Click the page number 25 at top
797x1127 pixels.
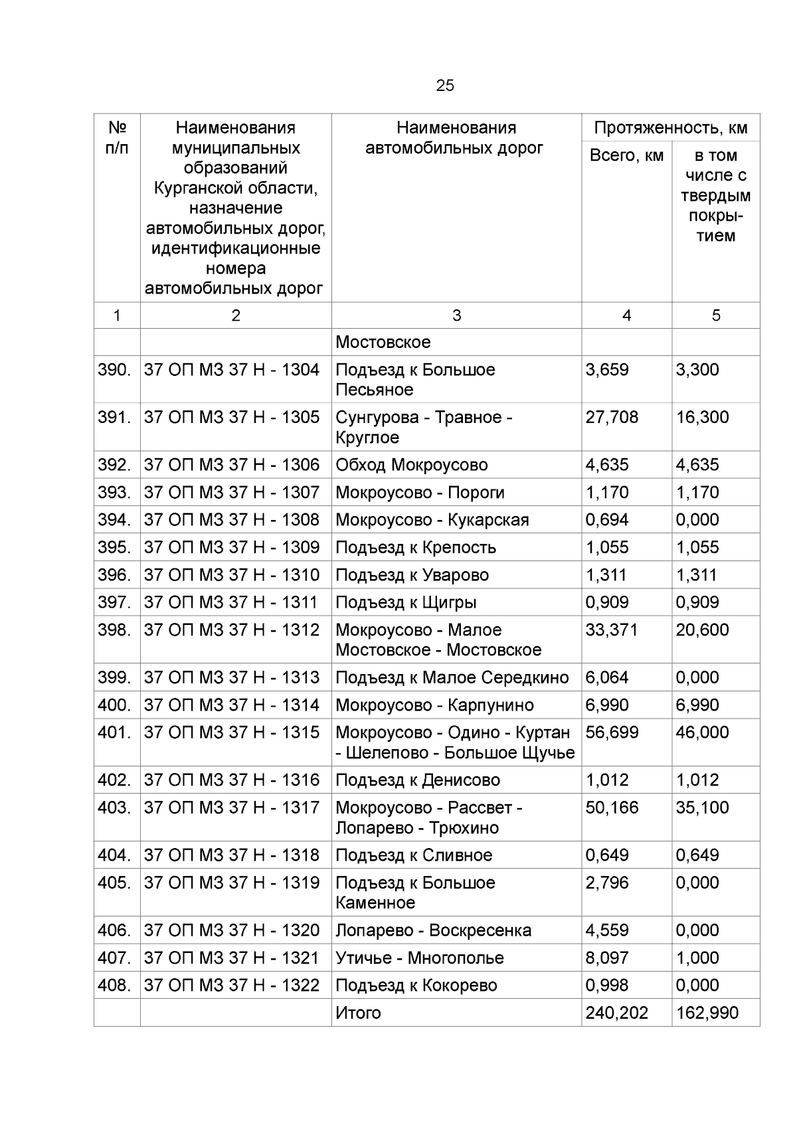(x=445, y=86)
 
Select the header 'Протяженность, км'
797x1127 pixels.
(x=671, y=128)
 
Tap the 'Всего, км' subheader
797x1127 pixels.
(x=626, y=155)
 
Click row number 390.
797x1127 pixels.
(x=114, y=370)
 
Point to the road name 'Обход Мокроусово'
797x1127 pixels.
(x=412, y=465)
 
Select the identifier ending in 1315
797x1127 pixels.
(x=232, y=733)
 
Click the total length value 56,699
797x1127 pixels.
(x=612, y=733)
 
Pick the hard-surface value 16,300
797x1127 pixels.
(x=702, y=418)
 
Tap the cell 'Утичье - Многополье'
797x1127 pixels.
(x=420, y=958)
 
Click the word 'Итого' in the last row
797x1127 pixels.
(x=359, y=1013)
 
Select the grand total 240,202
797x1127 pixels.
(x=616, y=1013)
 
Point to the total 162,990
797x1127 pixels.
(x=707, y=1013)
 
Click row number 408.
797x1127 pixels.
(x=114, y=986)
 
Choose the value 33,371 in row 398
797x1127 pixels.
(x=612, y=630)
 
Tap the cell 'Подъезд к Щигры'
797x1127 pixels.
(x=406, y=602)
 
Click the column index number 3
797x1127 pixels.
(x=456, y=316)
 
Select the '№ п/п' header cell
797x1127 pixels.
(x=117, y=137)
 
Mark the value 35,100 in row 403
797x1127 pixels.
(x=702, y=808)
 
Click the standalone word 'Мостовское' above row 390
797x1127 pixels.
(x=383, y=343)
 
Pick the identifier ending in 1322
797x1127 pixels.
(x=232, y=986)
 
